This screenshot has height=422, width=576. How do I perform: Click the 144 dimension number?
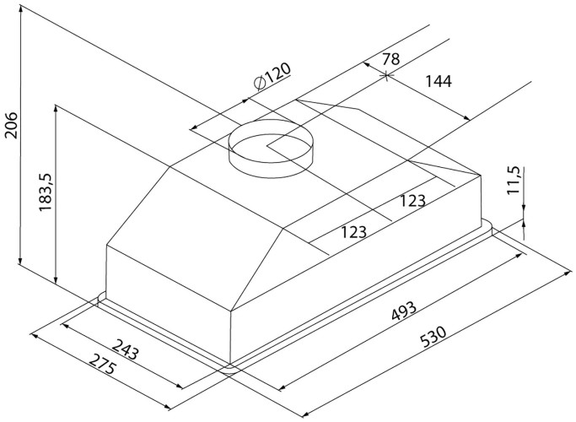(x=439, y=82)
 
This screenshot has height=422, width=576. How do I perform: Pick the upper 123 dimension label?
(x=411, y=200)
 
